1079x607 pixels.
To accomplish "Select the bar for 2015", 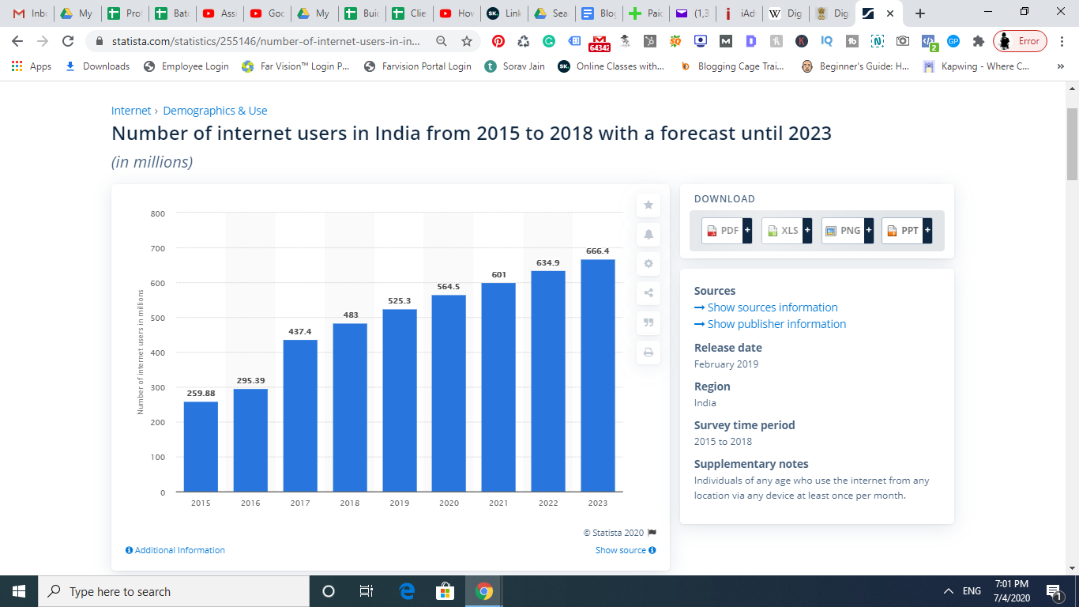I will [201, 447].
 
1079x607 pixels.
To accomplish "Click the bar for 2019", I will [400, 400].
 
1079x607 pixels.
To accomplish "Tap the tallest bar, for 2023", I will [598, 375].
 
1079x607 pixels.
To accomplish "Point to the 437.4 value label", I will [300, 331].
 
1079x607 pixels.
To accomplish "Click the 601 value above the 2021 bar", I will [498, 275].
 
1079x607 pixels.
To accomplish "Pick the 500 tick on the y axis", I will [157, 318].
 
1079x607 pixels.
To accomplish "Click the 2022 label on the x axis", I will [548, 503].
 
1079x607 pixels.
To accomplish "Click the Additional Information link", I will [175, 550].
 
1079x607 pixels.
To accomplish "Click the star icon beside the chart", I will [649, 205].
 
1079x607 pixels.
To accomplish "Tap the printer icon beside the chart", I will [649, 352].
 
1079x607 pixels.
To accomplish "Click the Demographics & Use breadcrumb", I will [215, 111].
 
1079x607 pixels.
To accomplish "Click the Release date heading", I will [728, 348].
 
